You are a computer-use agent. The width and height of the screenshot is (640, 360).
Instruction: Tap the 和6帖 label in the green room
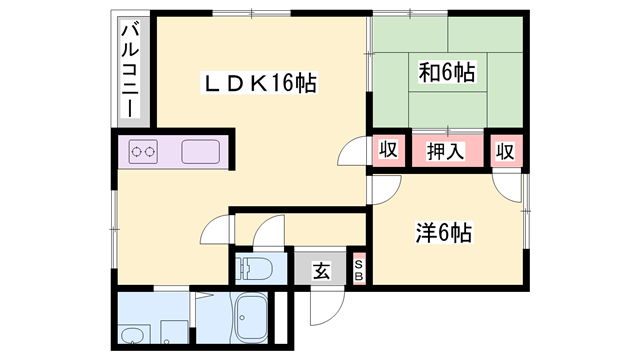(446, 72)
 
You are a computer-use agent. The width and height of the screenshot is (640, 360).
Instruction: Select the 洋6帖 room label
(444, 234)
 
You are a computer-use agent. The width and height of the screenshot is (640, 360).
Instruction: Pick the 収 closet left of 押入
(389, 151)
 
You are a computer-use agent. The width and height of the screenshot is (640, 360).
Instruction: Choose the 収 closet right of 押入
(506, 151)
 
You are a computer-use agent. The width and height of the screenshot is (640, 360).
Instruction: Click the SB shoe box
(360, 267)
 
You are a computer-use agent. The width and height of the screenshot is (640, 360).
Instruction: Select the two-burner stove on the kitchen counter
(145, 153)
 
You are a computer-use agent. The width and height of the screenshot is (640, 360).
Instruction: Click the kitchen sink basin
(205, 153)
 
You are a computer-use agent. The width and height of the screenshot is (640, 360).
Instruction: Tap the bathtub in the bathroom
(252, 322)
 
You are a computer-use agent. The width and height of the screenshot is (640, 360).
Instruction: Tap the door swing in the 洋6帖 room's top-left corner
(386, 186)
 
